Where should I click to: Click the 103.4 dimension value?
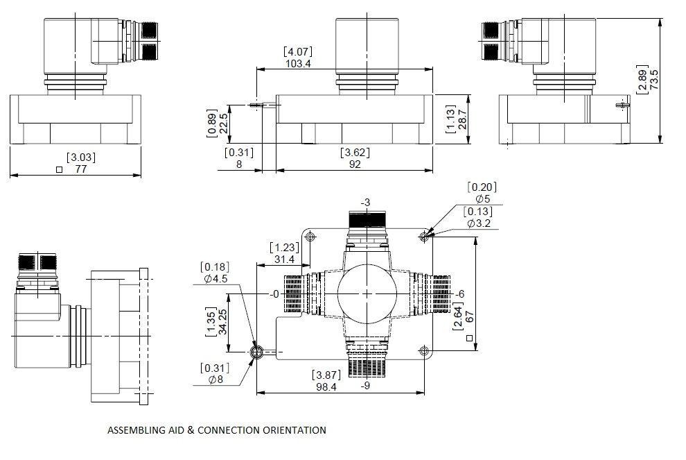coord(298,64)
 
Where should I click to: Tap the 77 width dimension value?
coord(81,169)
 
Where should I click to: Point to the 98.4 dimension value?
coord(326,387)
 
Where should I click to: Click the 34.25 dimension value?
coord(222,322)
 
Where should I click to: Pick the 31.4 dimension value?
coord(284,259)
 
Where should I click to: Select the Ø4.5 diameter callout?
coord(216,279)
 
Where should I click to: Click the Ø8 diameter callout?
coord(216,380)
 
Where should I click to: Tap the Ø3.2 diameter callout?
coord(479,223)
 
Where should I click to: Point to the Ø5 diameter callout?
coord(482,199)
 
